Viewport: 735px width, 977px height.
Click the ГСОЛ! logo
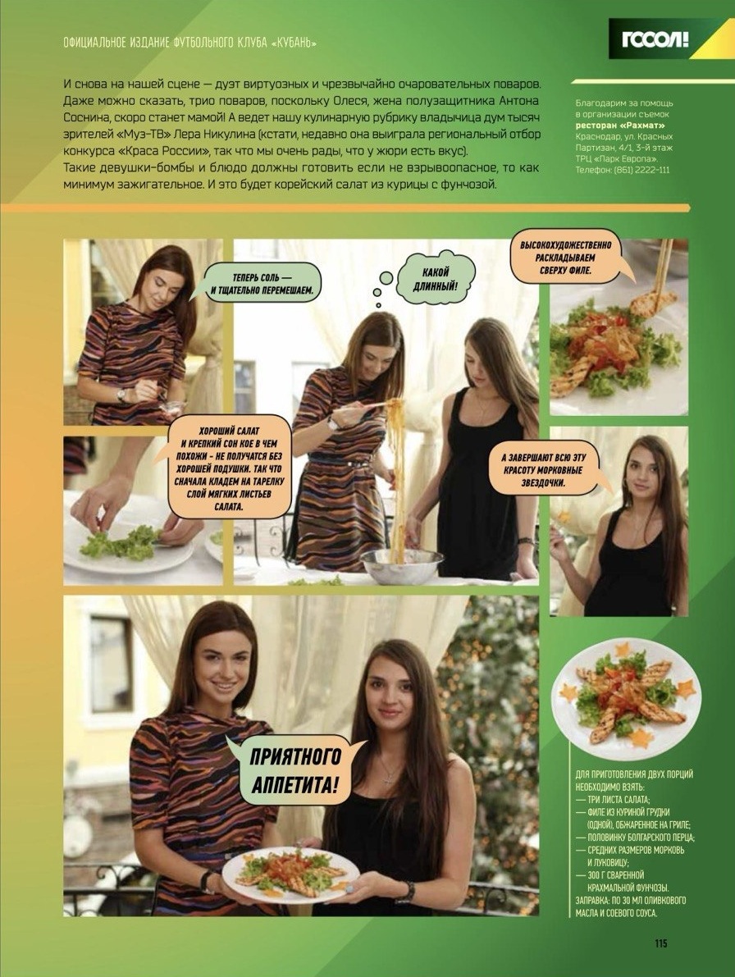(x=655, y=39)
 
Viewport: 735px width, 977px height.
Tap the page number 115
(x=661, y=943)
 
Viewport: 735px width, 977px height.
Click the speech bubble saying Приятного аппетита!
(x=295, y=770)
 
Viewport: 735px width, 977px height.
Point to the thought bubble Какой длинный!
(x=436, y=279)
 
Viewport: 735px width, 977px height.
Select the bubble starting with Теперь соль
(x=261, y=284)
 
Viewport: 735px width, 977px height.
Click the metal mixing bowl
(x=402, y=564)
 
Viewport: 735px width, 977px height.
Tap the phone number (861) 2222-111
(x=642, y=170)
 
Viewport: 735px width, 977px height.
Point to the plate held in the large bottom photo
(x=290, y=874)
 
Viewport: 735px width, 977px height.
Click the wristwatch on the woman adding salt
(x=121, y=395)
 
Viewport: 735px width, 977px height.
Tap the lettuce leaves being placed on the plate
(x=119, y=542)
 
